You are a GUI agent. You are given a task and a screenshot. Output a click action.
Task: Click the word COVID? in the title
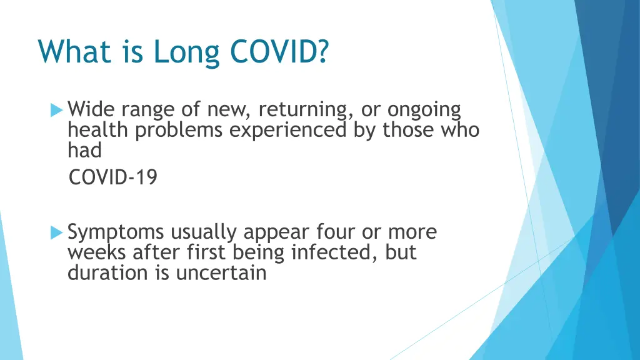279,51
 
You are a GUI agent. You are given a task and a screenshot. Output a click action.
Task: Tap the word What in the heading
74,51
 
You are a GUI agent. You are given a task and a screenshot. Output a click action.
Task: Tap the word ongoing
424,111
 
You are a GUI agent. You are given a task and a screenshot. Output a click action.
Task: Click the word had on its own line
84,150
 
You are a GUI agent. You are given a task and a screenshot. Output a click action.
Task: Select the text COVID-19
113,178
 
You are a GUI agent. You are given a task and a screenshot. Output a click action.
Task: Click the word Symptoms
116,233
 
